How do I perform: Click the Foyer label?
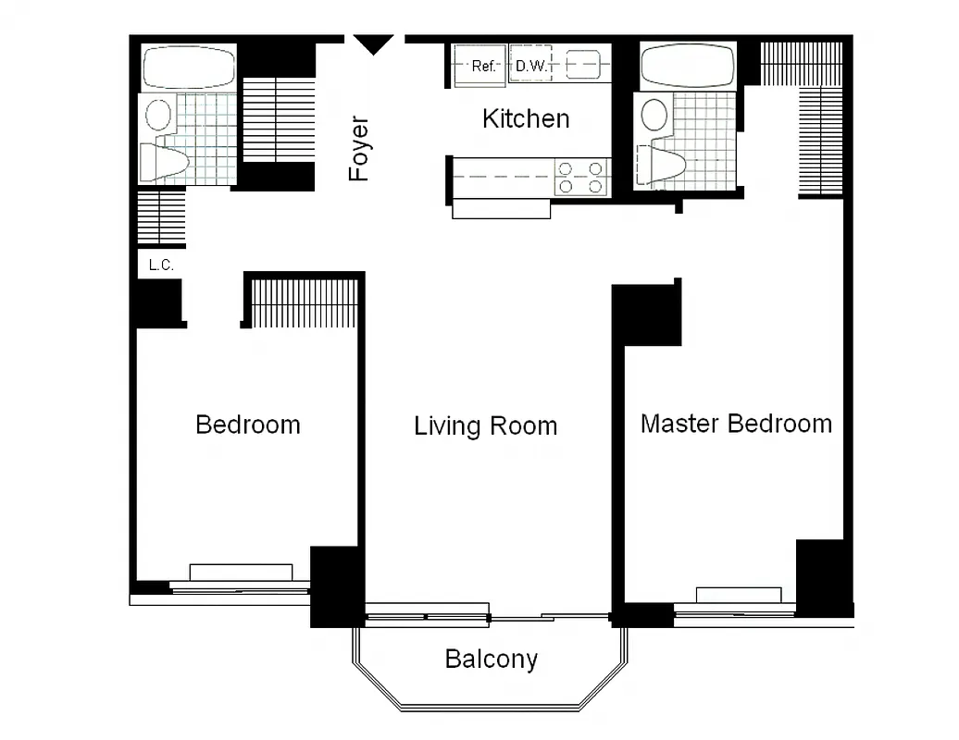click(x=358, y=148)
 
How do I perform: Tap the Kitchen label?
click(x=526, y=118)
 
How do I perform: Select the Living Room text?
click(x=485, y=426)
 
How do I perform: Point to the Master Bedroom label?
click(x=736, y=424)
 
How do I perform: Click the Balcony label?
click(x=491, y=660)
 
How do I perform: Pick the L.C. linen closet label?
click(x=161, y=265)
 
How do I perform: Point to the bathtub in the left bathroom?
click(x=189, y=68)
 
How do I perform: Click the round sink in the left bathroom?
click(x=159, y=116)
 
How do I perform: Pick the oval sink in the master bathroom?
click(x=655, y=116)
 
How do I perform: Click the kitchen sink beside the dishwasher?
click(x=583, y=66)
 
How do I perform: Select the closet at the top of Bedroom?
click(x=304, y=302)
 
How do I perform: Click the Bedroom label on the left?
click(x=248, y=425)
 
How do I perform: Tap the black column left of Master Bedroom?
click(x=648, y=314)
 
